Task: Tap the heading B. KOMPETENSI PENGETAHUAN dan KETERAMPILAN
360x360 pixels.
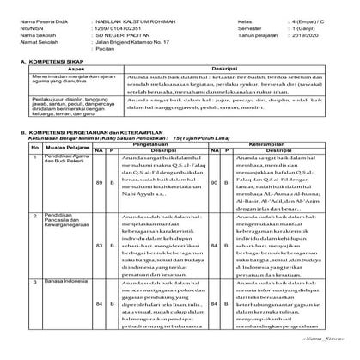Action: [x=100, y=169]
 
